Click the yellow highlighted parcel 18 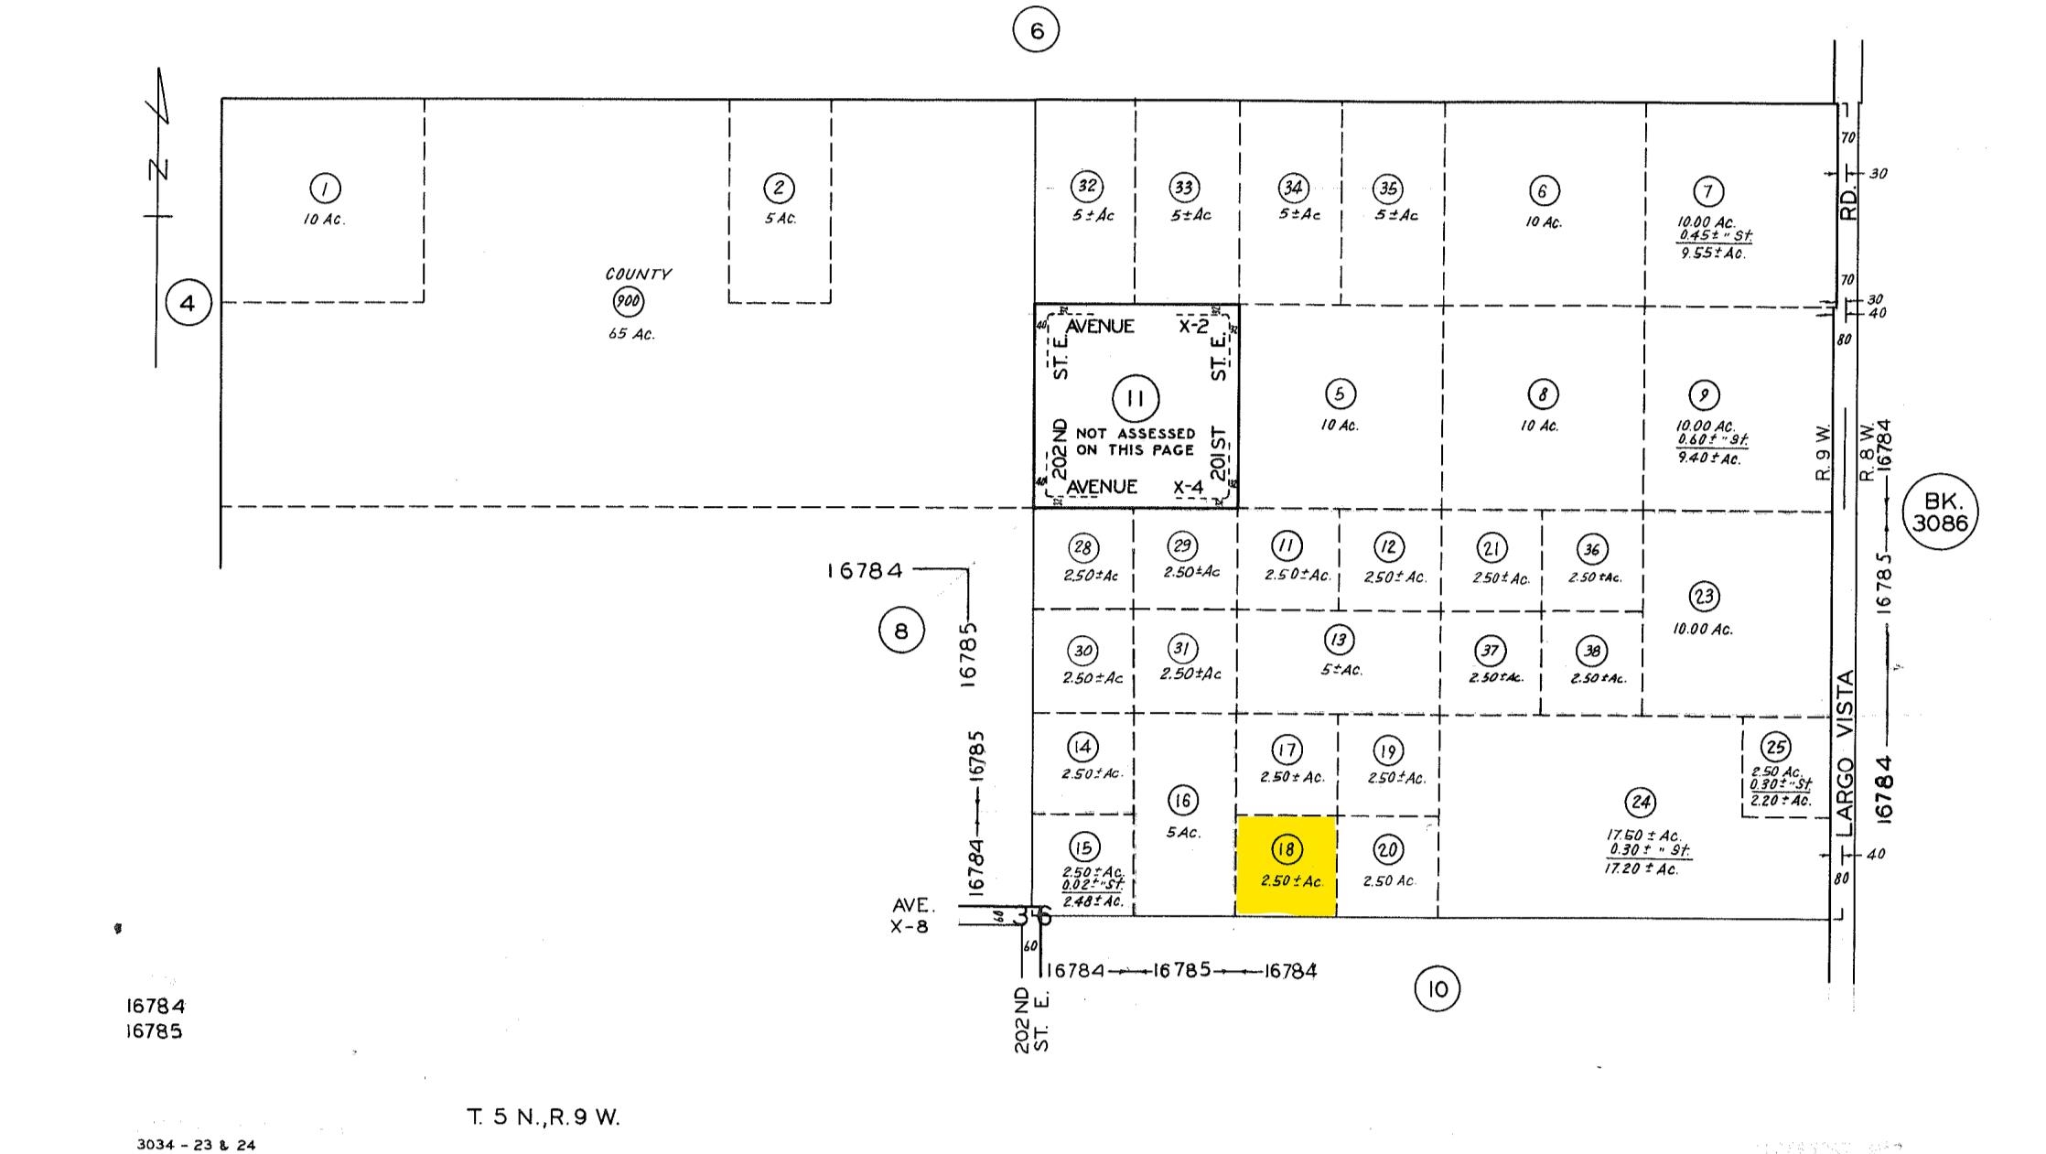click(x=1286, y=865)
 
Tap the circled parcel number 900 click(x=628, y=301)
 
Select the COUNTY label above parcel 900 click(x=638, y=274)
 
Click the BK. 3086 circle click(x=1939, y=512)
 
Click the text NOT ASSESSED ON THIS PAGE click(x=1135, y=441)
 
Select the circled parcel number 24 click(x=1640, y=803)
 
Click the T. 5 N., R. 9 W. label click(x=544, y=1116)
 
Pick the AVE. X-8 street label click(x=912, y=915)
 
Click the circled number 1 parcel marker click(x=325, y=189)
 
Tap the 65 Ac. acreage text click(x=631, y=334)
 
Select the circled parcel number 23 click(x=1703, y=597)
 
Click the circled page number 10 click(x=1437, y=988)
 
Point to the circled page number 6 click(x=1036, y=30)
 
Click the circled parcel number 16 click(x=1182, y=801)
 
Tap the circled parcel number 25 click(x=1775, y=747)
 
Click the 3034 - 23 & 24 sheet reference click(x=196, y=1144)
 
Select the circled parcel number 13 click(x=1339, y=639)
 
